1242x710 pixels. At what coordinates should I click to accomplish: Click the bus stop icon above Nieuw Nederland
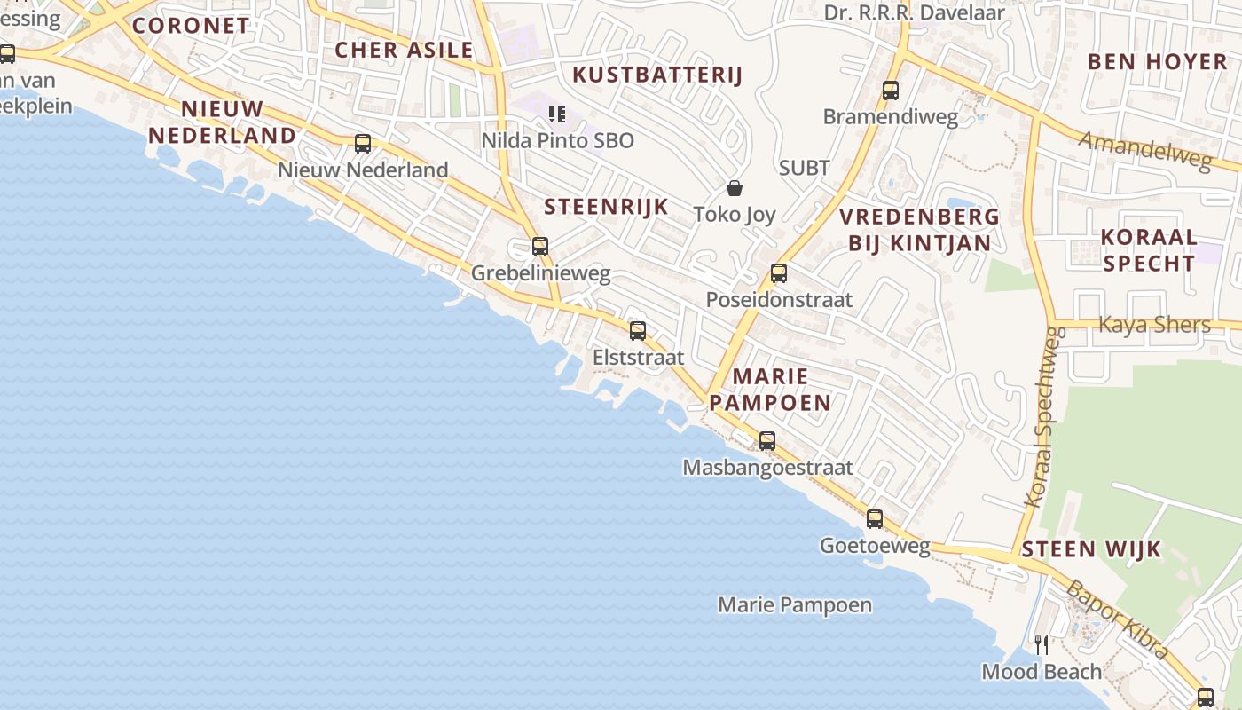362,144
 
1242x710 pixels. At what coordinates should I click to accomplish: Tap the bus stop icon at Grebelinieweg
540,247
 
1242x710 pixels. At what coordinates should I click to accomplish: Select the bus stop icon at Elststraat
637,331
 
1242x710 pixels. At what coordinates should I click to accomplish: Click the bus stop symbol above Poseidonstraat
779,273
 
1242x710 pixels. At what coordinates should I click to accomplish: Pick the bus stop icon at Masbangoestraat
767,441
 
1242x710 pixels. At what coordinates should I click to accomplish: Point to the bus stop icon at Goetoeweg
875,519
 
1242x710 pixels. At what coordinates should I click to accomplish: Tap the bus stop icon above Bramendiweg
891,91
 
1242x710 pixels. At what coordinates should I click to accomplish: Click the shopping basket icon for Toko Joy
735,188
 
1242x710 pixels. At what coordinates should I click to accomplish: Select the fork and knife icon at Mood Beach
1042,644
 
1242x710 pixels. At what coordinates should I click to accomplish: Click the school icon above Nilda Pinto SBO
557,114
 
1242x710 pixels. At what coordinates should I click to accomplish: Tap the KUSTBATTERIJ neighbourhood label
656,75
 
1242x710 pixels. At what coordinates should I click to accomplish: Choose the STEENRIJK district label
606,208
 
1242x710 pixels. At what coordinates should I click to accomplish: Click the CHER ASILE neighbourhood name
404,50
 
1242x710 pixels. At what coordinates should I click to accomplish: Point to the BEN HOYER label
1157,61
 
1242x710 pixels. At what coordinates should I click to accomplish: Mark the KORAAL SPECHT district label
1148,250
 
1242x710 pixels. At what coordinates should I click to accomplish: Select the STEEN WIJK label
1091,549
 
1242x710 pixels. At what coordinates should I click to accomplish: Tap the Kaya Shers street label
1154,325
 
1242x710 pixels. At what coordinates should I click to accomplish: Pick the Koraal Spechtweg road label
1044,417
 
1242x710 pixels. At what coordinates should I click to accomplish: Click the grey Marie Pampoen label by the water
794,605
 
